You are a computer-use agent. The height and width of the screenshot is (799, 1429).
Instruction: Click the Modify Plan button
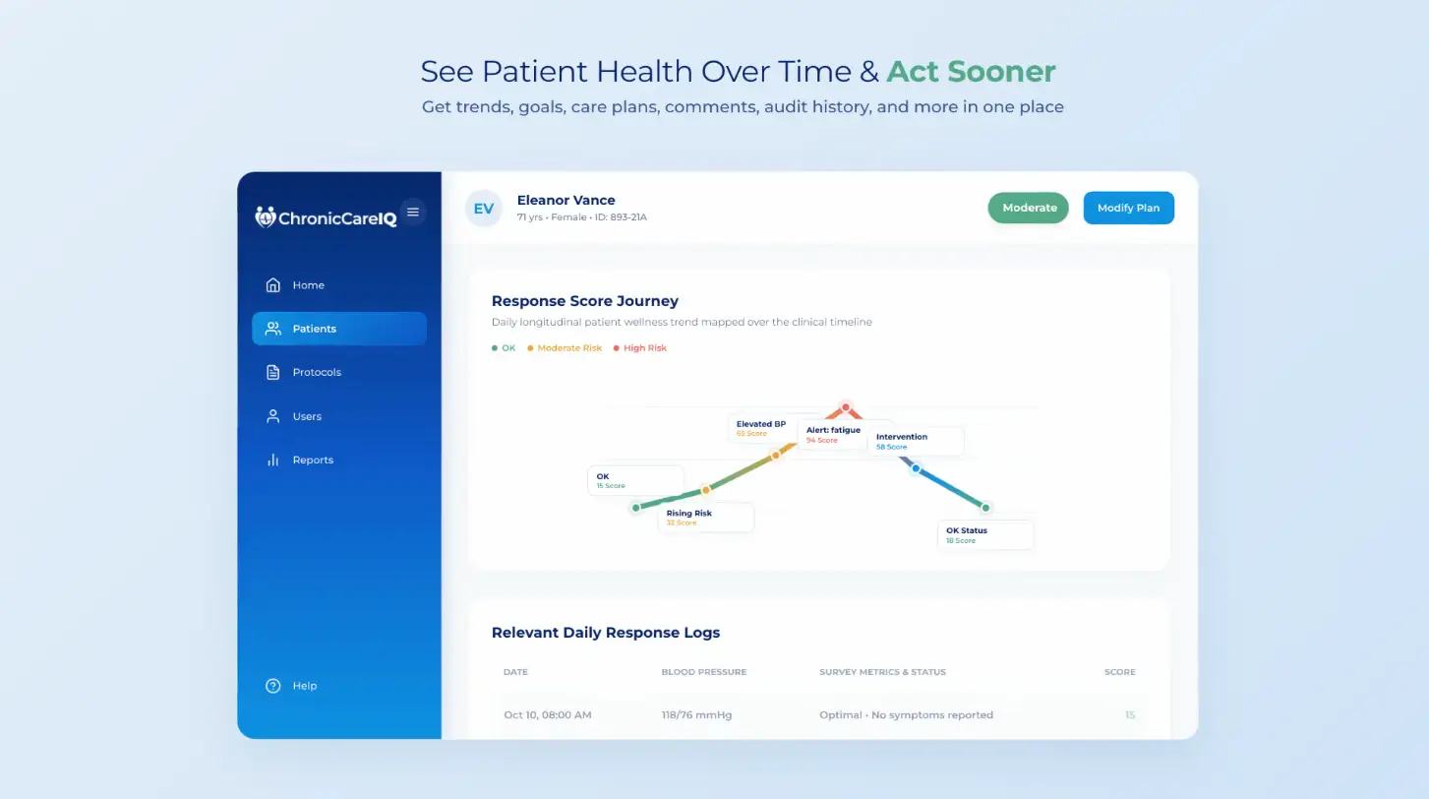[x=1128, y=208]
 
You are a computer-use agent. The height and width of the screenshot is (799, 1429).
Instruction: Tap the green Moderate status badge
[x=1029, y=208]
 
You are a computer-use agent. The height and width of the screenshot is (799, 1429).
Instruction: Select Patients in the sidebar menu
[x=338, y=329]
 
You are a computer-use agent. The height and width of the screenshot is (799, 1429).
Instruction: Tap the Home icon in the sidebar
[x=273, y=284]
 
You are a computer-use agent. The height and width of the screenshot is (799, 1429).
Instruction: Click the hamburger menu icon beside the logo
[x=413, y=212]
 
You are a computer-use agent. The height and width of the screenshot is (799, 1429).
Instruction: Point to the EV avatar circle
[x=484, y=209]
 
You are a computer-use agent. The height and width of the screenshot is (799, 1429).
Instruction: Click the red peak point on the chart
[x=845, y=407]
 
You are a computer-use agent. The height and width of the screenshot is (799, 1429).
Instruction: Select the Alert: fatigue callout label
[x=833, y=435]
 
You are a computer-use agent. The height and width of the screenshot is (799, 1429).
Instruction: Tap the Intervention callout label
[x=916, y=441]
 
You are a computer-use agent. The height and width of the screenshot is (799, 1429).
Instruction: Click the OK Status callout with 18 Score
[x=985, y=534]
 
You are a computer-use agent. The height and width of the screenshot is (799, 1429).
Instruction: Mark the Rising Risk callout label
[x=705, y=518]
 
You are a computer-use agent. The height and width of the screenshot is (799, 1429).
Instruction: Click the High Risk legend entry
[x=640, y=347]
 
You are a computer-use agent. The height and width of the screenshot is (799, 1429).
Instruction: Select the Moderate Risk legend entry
[x=565, y=347]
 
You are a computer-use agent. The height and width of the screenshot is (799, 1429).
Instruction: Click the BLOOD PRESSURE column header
[x=703, y=672]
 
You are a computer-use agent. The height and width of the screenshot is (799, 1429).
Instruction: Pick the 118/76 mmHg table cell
[x=696, y=714]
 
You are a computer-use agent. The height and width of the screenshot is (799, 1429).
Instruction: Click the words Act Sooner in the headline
[x=971, y=71]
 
